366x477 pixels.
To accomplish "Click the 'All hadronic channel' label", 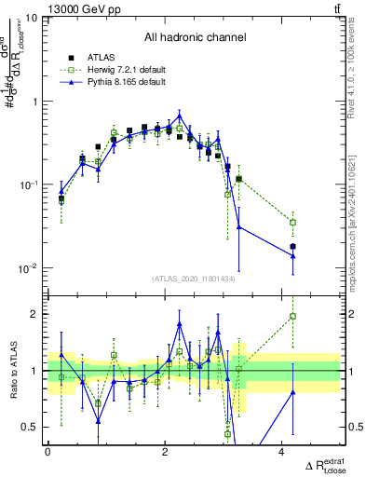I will pyautogui.click(x=195, y=38).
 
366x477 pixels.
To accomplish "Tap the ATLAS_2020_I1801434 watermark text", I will pyautogui.click(x=194, y=279).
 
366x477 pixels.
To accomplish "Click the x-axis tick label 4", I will pyautogui.click(x=282, y=452).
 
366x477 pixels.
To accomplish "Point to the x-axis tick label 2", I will pyautogui.click(x=165, y=452).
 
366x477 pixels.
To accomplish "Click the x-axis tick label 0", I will pyautogui.click(x=47, y=452).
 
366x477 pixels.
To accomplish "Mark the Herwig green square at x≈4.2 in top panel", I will pyautogui.click(x=292, y=222).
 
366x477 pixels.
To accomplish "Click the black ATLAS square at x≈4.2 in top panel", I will pyautogui.click(x=292, y=247).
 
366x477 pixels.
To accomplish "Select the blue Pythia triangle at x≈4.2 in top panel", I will pyautogui.click(x=292, y=256).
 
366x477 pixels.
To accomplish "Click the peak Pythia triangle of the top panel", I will pyautogui.click(x=180, y=116).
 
